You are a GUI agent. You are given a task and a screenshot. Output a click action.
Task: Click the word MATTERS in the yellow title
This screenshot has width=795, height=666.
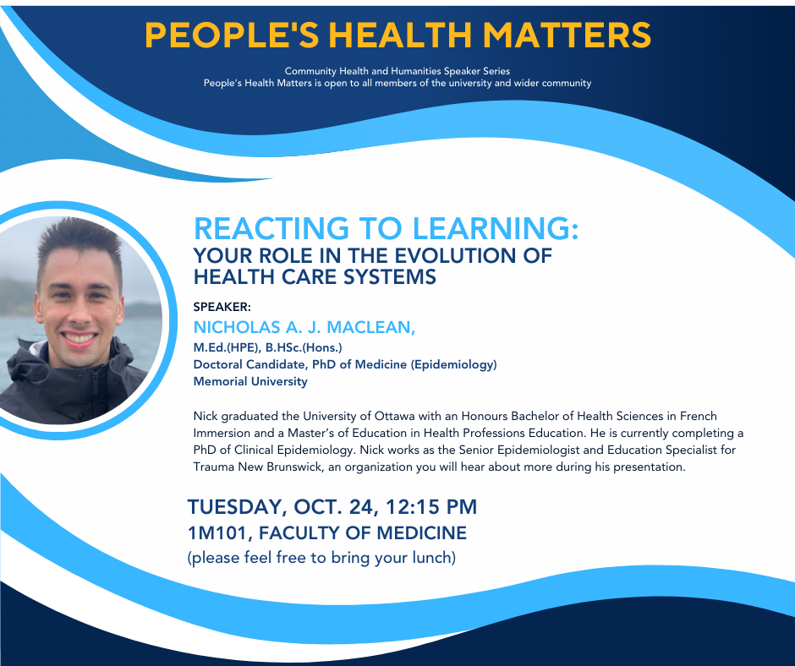pos(567,35)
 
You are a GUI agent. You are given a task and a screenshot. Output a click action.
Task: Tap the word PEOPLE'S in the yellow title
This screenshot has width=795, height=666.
pos(233,35)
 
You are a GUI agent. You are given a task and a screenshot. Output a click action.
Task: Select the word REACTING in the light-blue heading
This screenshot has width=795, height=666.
pos(271,228)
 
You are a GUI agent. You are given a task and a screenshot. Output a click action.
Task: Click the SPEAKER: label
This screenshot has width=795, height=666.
pos(222,307)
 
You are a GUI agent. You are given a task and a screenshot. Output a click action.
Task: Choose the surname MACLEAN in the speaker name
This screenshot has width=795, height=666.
pos(371,327)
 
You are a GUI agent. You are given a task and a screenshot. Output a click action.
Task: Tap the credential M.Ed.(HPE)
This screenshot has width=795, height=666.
pos(226,347)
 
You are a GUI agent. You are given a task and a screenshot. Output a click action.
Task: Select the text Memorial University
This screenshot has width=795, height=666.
pos(250,381)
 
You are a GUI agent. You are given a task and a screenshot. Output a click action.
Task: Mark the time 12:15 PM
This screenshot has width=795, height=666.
pos(431,507)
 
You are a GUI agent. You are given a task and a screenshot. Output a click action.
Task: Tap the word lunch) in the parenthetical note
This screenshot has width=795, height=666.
pos(434,558)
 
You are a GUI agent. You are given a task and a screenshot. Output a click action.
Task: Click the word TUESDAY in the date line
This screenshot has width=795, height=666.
pos(234,507)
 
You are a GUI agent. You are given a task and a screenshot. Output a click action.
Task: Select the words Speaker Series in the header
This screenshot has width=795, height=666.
pos(477,71)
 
